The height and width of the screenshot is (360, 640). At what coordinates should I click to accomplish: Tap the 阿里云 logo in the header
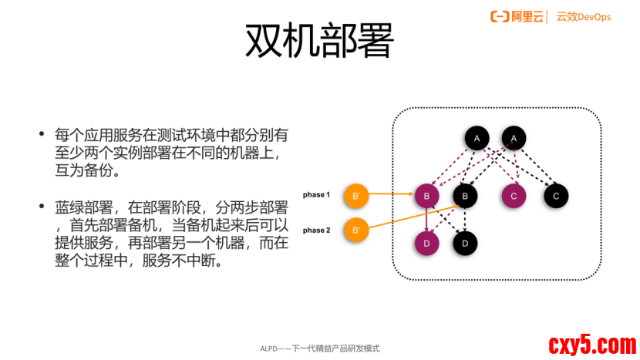click(x=517, y=16)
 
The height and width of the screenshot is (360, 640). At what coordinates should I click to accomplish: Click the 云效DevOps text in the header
click(x=583, y=16)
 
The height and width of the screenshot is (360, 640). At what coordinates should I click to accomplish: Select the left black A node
click(x=477, y=138)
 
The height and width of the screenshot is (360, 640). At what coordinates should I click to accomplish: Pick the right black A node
click(x=514, y=138)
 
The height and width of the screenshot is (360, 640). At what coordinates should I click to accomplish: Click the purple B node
click(x=426, y=196)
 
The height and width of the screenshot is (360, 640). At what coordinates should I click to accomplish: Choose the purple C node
click(x=514, y=196)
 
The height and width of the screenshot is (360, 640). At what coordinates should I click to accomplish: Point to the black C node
click(x=555, y=196)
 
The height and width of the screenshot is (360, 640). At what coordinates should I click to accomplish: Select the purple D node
click(x=426, y=243)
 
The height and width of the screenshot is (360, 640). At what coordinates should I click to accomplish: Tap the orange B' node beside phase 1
click(x=355, y=196)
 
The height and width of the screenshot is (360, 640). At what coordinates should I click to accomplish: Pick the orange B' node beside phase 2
click(x=355, y=230)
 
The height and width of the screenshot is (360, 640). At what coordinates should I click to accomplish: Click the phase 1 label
click(x=316, y=195)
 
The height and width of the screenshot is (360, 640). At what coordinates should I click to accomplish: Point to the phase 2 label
click(x=316, y=230)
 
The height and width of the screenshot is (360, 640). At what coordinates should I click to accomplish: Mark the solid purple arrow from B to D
click(x=426, y=220)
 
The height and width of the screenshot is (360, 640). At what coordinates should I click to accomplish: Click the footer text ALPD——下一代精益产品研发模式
click(x=319, y=348)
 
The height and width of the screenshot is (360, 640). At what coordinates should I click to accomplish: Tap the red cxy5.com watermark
click(x=591, y=344)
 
